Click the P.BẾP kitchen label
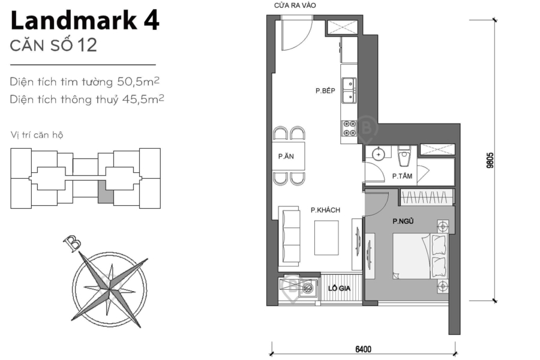(x=325, y=91)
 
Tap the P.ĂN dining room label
(x=285, y=157)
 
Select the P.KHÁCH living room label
(x=325, y=210)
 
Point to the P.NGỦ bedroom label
(x=404, y=221)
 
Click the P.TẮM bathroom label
(x=401, y=176)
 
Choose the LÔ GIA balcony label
(x=340, y=289)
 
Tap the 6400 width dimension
(x=363, y=350)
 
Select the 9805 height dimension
(x=490, y=161)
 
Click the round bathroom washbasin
(x=379, y=154)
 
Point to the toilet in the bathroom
(x=404, y=157)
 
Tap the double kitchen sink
(x=348, y=91)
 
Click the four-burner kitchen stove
(x=348, y=128)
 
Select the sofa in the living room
(x=290, y=235)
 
